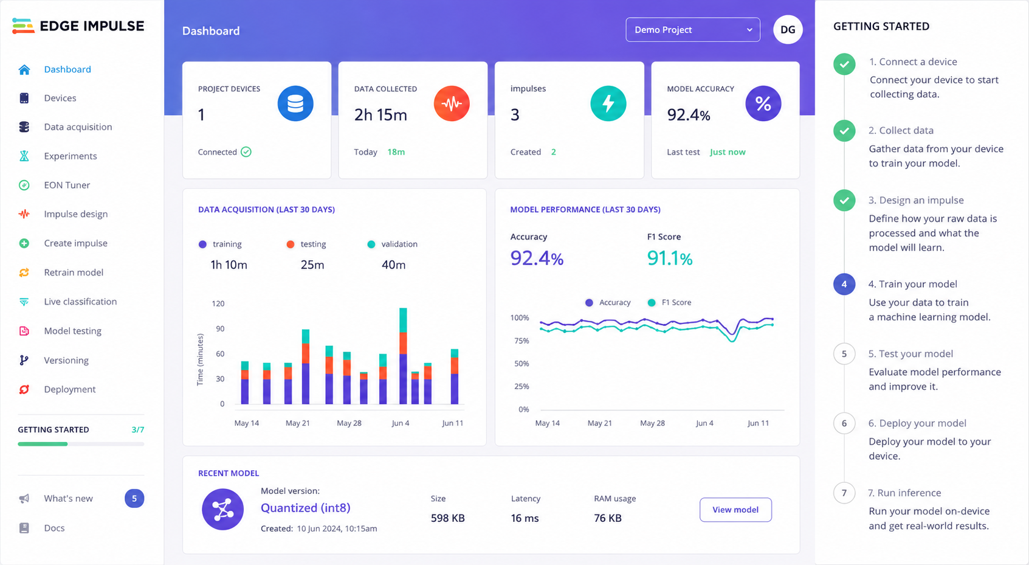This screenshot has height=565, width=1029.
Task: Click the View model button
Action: (x=735, y=510)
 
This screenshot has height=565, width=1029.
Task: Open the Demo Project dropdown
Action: (x=693, y=30)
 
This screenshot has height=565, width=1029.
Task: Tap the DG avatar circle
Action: (x=788, y=30)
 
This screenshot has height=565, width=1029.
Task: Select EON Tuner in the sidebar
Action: (x=67, y=185)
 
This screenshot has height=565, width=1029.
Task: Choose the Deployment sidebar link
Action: (x=69, y=389)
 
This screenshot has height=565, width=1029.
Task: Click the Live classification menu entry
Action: (x=80, y=302)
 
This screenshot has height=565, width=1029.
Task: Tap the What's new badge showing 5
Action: (x=134, y=498)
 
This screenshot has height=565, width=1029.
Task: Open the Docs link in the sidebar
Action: (x=53, y=528)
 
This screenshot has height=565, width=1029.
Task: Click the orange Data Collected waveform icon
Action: (x=452, y=103)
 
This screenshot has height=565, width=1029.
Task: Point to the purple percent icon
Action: (x=763, y=103)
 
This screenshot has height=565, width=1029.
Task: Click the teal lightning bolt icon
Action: (x=608, y=103)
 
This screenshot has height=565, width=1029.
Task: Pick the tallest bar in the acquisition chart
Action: (x=403, y=356)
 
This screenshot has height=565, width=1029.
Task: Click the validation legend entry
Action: (x=392, y=244)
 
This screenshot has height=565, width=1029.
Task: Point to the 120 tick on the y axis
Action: (x=218, y=303)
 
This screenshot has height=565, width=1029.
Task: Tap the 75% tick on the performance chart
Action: (x=521, y=341)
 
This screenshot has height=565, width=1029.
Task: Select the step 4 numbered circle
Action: (x=844, y=284)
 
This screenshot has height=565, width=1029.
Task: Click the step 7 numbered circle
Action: (x=844, y=493)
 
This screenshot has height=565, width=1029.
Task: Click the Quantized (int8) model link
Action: (x=306, y=508)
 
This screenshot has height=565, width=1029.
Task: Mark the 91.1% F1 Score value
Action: (x=669, y=258)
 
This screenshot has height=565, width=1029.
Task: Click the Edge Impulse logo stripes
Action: (x=23, y=26)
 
